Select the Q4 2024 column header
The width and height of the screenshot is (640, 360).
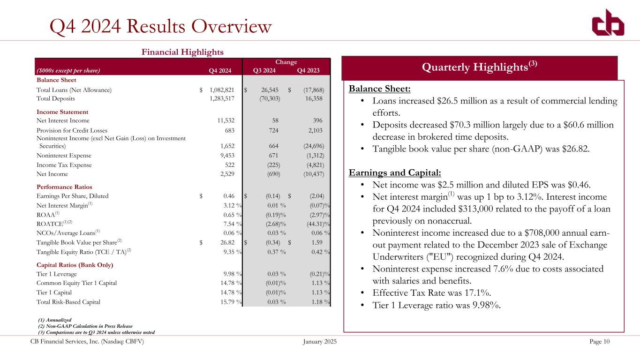[x=220, y=71]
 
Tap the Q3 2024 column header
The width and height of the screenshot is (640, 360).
[x=264, y=71]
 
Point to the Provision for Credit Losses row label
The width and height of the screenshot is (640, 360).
[x=72, y=130]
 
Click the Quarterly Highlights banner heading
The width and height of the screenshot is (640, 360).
[x=480, y=67]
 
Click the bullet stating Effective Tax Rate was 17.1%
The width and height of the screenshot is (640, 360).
[x=431, y=293]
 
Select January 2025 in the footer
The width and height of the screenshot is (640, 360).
[x=320, y=342]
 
